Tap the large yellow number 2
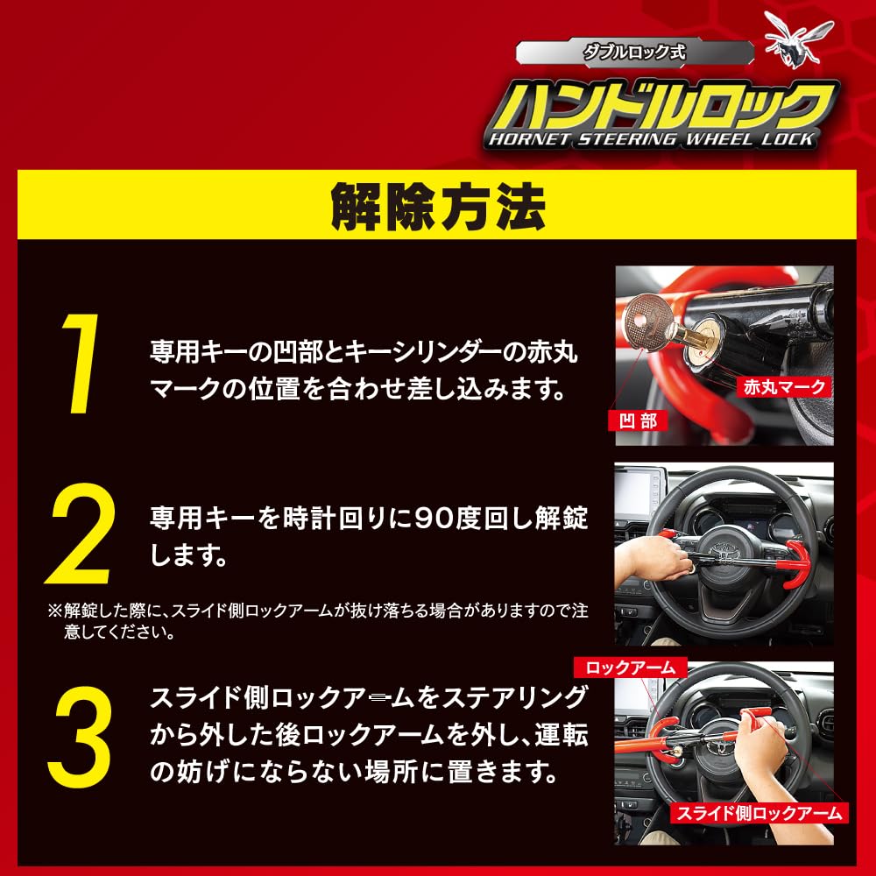coord(81,534)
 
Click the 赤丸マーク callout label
coord(784,385)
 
